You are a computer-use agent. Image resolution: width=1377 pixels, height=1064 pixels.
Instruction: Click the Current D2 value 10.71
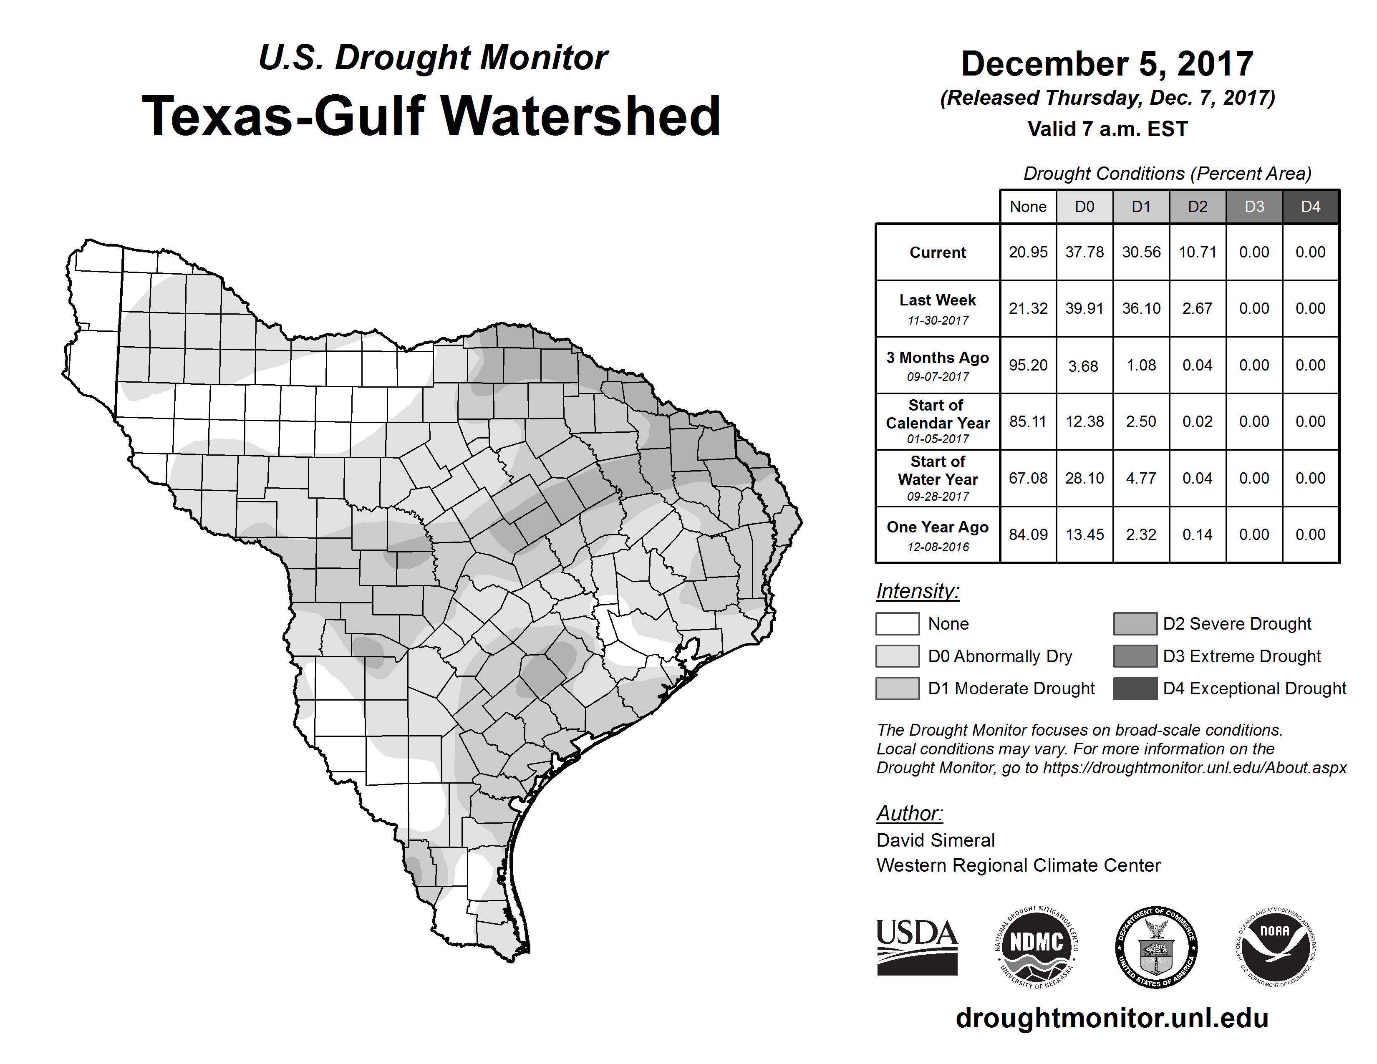tap(1197, 252)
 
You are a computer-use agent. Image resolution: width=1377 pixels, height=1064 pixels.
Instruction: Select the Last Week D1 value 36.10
tap(1141, 308)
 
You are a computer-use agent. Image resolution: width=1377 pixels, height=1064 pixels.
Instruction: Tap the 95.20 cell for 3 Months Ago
tap(1028, 365)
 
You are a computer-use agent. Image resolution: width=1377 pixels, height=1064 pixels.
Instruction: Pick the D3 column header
tap(1254, 207)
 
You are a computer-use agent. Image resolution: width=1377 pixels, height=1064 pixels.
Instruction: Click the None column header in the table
tap(1028, 207)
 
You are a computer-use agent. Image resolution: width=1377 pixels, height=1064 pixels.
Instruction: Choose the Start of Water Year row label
tap(938, 479)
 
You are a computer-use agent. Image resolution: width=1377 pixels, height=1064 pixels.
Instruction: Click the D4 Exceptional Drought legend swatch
tap(1135, 688)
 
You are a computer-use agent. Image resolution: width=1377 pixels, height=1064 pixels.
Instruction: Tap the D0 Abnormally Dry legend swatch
tap(897, 656)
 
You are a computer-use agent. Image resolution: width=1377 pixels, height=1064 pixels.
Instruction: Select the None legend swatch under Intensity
tap(897, 623)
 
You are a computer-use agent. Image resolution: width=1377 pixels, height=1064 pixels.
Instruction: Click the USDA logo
tap(917, 947)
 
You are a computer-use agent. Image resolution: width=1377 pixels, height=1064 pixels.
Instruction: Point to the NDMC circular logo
tap(1037, 947)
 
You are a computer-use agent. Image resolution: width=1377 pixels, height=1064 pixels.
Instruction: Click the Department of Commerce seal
tap(1156, 947)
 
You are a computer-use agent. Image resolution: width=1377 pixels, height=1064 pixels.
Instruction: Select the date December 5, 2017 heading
tap(1107, 64)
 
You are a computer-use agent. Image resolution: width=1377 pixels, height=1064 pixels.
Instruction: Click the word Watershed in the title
tap(580, 116)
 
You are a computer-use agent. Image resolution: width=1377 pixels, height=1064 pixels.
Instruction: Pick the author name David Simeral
tap(935, 840)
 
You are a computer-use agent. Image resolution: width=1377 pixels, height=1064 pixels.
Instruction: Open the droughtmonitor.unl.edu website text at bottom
tap(1112, 1019)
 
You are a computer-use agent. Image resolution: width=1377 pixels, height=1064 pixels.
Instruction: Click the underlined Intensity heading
tap(917, 591)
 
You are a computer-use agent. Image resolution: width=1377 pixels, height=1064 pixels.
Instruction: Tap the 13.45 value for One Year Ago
tap(1084, 535)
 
